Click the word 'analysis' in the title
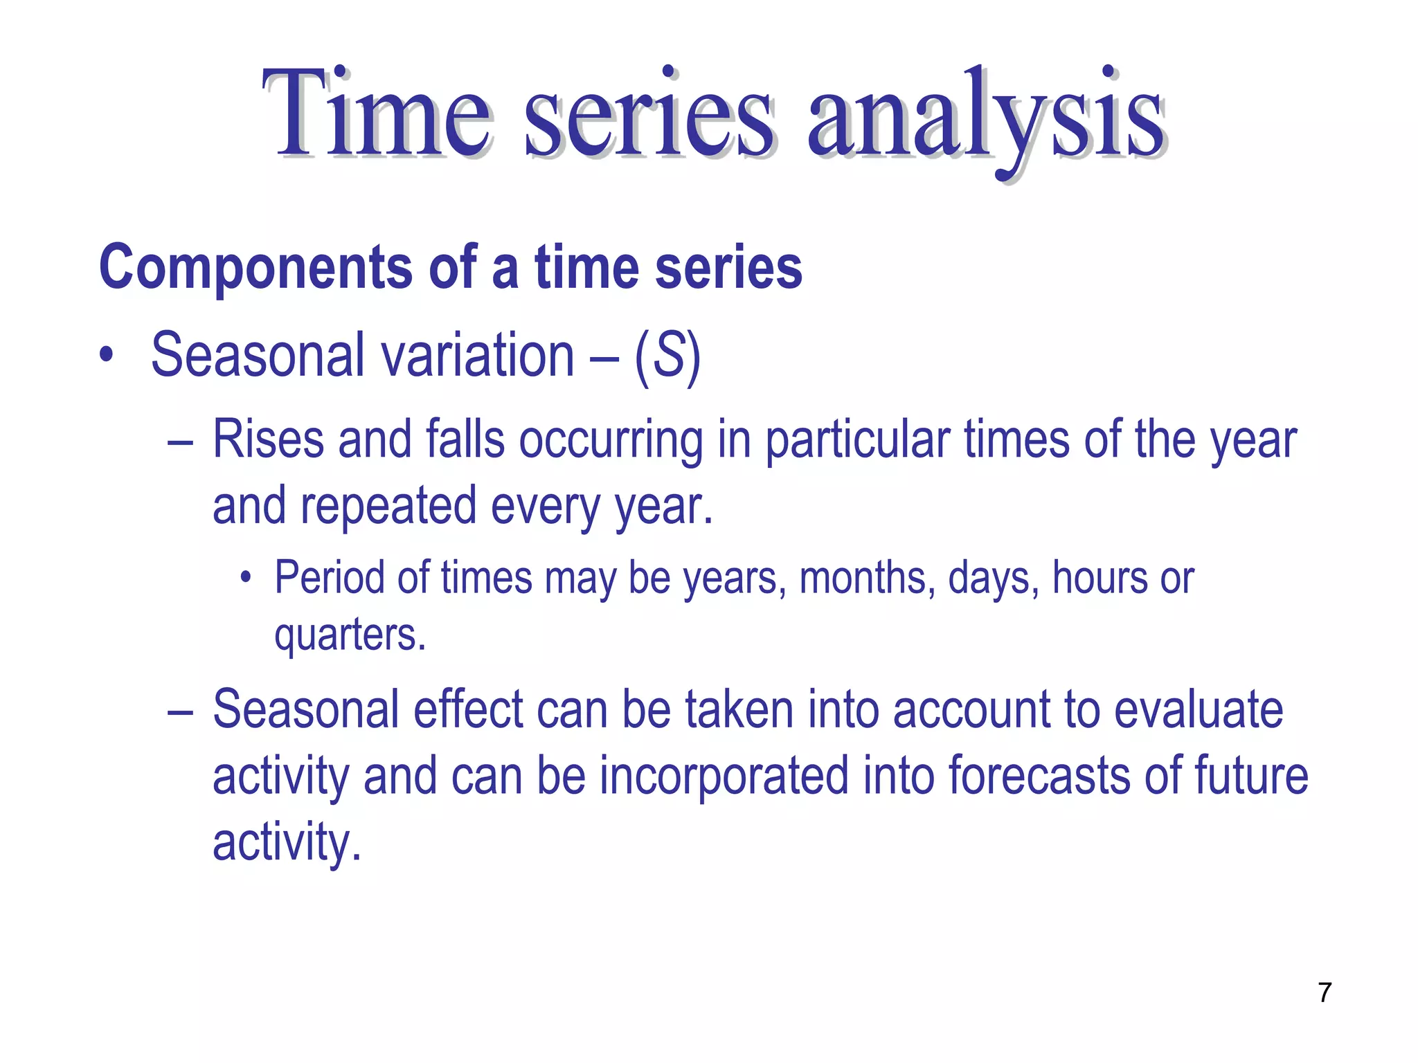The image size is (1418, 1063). point(986,118)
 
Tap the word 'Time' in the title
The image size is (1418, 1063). point(377,114)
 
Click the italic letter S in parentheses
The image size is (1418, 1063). point(668,356)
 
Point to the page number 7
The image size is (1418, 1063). point(1325,992)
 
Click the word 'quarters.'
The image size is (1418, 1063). point(350,635)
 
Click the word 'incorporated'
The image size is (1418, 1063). point(724,776)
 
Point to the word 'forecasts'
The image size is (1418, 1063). point(1039,776)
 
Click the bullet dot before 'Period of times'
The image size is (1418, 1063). point(245,579)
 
